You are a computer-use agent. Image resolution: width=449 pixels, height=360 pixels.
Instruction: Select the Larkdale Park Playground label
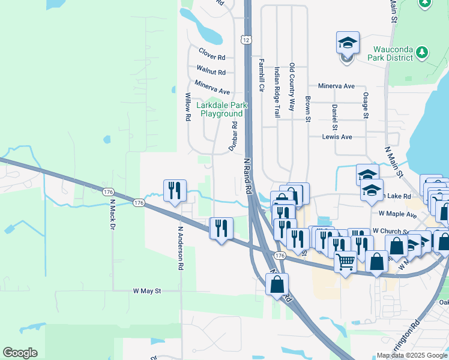(221, 109)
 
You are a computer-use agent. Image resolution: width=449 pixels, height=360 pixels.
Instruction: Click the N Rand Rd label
(248, 176)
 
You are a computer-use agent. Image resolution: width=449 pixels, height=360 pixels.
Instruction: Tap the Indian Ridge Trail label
(277, 92)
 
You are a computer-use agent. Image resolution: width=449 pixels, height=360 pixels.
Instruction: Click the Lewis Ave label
(337, 137)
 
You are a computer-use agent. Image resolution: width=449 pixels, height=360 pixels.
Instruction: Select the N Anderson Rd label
(180, 248)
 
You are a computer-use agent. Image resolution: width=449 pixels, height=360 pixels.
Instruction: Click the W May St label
(148, 291)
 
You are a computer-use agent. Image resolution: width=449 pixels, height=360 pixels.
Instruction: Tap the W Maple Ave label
(397, 214)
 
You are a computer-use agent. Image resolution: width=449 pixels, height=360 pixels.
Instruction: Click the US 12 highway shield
(246, 40)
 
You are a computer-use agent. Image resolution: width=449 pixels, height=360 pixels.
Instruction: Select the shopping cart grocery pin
(345, 262)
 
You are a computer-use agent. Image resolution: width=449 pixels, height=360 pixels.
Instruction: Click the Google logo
(20, 353)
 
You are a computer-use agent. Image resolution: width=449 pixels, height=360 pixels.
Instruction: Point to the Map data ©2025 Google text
(412, 355)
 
